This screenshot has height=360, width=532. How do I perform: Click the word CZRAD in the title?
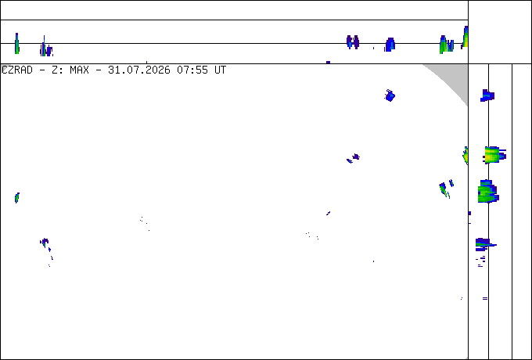coord(17,70)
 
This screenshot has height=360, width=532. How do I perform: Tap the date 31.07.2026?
coord(138,70)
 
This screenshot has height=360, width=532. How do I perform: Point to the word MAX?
coord(79,70)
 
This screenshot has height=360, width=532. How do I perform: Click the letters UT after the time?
coord(220,70)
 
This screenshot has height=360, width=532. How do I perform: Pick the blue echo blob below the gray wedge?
coord(390,95)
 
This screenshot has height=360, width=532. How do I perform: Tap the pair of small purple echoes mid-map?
coord(353,158)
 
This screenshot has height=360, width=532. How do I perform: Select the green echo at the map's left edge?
coord(17,197)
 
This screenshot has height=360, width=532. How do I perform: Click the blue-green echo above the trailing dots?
coord(45,243)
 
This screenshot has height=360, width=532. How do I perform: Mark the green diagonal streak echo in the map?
coord(443,189)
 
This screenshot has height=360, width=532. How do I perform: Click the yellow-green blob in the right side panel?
coord(494,155)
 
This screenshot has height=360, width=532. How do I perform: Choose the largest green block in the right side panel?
coord(488,192)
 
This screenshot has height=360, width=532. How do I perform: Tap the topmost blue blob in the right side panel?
coord(487,95)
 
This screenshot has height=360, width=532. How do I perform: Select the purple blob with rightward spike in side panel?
coord(484,244)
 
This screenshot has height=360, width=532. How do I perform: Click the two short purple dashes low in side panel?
coord(485,299)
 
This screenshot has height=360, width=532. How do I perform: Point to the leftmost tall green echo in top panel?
coord(16,43)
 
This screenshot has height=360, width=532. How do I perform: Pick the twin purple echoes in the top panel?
coord(353,41)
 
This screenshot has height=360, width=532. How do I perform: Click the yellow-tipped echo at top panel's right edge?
coord(465,37)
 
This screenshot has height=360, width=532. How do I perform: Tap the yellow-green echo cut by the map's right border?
coord(465,156)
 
